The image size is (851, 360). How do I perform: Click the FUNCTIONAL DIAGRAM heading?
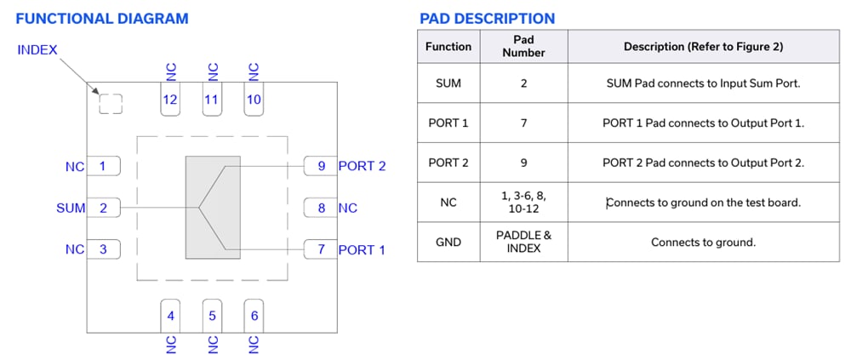(x=102, y=18)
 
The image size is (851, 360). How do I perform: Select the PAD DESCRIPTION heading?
(x=487, y=18)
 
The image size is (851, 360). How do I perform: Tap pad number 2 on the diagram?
(x=103, y=208)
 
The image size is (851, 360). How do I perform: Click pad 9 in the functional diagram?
(x=321, y=166)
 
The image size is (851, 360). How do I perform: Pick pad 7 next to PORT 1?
(x=321, y=249)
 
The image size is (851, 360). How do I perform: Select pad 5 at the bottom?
(x=212, y=316)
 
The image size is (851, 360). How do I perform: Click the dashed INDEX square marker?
(x=111, y=104)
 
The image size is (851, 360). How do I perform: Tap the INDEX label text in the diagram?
(x=37, y=49)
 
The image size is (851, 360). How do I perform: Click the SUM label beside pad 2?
(x=71, y=208)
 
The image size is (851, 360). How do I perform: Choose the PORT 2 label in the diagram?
(x=362, y=166)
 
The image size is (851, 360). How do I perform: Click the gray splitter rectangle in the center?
(x=213, y=208)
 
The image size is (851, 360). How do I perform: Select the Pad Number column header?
(x=523, y=46)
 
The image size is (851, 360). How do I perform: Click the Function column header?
(x=448, y=46)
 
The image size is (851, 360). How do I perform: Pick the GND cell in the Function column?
(x=448, y=243)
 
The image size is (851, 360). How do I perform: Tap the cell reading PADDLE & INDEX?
(x=523, y=243)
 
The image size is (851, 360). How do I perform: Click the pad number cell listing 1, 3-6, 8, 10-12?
(x=523, y=203)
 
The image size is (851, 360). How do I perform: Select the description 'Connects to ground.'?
(x=703, y=243)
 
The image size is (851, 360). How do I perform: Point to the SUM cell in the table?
(x=448, y=83)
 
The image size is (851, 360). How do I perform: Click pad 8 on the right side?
(x=321, y=208)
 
